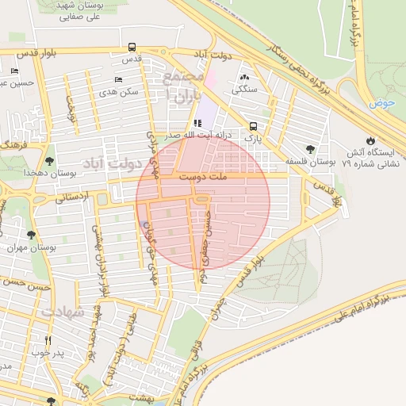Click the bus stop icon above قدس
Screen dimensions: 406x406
(131, 47)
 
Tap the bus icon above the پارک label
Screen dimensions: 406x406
(253, 126)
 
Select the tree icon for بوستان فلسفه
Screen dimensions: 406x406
(310, 149)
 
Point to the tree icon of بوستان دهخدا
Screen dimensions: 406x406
(50, 160)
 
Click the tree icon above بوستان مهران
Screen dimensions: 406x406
(31, 235)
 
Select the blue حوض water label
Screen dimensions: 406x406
(381, 103)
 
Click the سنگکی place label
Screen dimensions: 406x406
(243, 90)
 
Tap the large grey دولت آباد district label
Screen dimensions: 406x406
(115, 164)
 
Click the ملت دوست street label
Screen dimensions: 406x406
(202, 178)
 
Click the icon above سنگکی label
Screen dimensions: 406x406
(243, 78)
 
